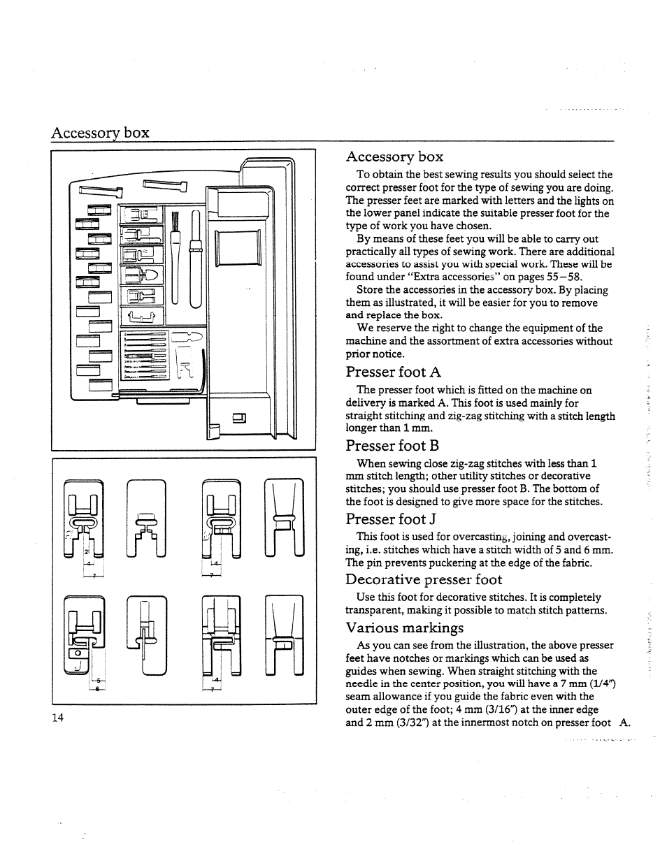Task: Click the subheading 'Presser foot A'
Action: [x=393, y=372]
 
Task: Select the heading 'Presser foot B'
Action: [x=392, y=446]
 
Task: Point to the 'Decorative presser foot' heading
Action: [x=424, y=579]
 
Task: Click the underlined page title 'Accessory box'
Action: [x=100, y=133]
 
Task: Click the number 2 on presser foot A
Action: [x=87, y=552]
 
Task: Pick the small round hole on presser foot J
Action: [x=78, y=653]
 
